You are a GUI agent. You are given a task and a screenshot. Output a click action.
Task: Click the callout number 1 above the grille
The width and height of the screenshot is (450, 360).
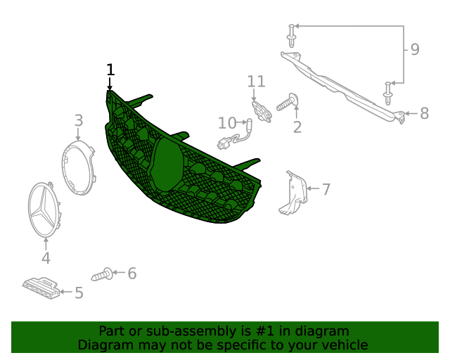click(110, 70)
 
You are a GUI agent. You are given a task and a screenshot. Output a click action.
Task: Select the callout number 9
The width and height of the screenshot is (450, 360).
click(415, 49)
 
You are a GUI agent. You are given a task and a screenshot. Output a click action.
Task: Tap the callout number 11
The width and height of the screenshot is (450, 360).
click(256, 82)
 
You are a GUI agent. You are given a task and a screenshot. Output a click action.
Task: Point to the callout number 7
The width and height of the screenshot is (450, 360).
click(326, 189)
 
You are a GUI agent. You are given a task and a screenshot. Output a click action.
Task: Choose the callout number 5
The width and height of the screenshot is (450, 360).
click(79, 292)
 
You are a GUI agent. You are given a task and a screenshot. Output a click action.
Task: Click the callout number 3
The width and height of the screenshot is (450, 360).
click(79, 120)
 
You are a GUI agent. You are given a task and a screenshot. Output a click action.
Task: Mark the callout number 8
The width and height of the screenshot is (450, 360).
click(425, 113)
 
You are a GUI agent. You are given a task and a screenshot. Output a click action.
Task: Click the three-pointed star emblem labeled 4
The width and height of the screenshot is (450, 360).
click(44, 210)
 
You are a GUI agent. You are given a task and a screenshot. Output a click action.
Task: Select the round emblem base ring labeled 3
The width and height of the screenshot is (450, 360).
click(78, 167)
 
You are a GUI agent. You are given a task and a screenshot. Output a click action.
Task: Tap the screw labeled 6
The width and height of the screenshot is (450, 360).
click(102, 274)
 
